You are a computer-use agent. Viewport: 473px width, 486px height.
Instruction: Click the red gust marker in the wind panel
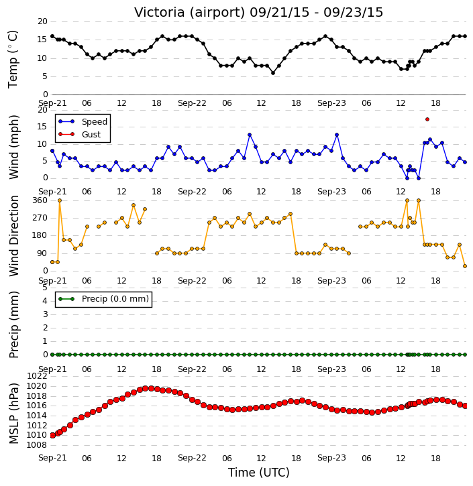427,119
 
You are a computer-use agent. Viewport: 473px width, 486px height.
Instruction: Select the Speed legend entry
83,122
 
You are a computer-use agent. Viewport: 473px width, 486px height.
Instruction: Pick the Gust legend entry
79,135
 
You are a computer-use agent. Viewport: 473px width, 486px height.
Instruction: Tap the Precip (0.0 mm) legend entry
103,299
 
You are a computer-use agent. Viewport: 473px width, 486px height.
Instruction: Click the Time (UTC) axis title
259,473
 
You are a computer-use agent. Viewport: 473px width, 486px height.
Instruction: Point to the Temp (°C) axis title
13,59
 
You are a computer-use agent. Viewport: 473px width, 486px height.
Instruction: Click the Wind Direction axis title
13,236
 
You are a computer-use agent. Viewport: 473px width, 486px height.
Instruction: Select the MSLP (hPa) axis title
13,413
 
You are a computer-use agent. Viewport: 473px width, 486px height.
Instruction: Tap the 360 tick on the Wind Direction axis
40,200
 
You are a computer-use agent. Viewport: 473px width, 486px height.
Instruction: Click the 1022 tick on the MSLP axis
37,376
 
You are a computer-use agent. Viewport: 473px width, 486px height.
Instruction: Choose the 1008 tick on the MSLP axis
37,445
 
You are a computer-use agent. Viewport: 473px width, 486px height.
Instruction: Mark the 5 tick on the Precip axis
45,288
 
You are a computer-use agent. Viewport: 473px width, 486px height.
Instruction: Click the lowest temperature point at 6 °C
273,73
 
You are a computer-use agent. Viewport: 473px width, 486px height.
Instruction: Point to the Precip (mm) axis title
13,324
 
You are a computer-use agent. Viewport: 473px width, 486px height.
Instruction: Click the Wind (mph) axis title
13,147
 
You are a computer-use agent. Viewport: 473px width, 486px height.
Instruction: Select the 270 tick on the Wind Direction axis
40,218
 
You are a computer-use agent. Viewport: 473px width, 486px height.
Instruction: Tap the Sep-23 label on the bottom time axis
331,458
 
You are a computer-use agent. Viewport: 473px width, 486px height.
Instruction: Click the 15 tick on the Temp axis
42,40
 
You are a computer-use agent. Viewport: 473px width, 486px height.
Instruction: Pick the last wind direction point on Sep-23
465,266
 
